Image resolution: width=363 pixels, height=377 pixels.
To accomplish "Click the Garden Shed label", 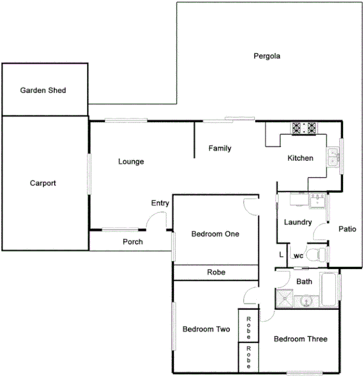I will click(x=43, y=90).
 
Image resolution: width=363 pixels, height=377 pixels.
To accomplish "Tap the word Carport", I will click(x=43, y=184).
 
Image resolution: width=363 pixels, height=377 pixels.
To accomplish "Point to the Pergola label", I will click(x=267, y=56).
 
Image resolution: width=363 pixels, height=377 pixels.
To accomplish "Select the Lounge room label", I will click(x=131, y=161).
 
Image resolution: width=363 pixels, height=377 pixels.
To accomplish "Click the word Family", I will click(x=219, y=148).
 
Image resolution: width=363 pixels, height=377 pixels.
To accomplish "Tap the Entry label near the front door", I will click(x=160, y=203).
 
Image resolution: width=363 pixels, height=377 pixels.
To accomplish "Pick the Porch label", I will click(x=133, y=242).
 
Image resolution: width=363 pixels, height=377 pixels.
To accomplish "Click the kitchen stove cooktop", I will click(x=305, y=128).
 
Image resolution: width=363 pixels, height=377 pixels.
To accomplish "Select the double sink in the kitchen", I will click(x=333, y=156).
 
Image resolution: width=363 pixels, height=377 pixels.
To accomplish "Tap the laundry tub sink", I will click(x=318, y=200).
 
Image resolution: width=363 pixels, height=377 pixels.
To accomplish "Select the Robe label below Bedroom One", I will click(x=216, y=272).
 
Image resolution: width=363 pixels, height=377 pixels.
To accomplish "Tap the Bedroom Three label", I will click(x=300, y=339).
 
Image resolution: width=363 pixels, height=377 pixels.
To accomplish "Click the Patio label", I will click(x=347, y=229).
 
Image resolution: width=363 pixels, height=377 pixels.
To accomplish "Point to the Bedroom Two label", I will click(x=206, y=330).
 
